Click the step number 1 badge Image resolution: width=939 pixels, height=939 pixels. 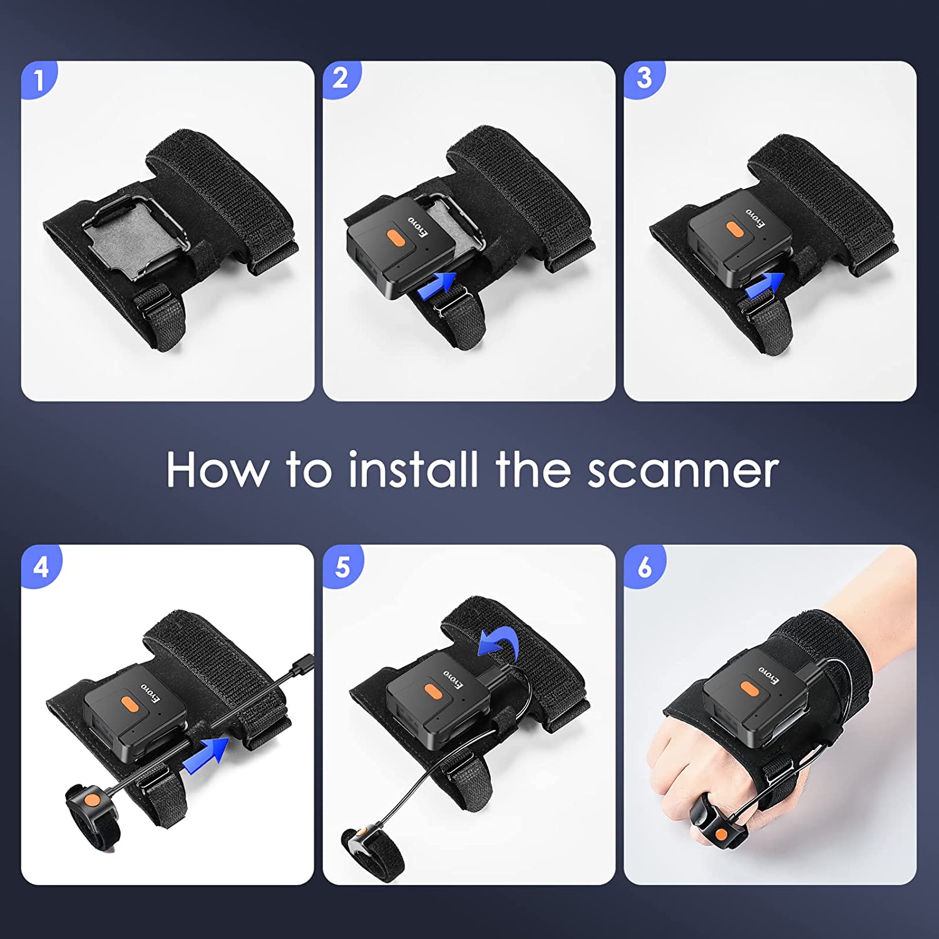[39, 80]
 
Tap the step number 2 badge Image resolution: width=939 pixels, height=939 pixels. [341, 79]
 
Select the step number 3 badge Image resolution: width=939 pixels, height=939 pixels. [644, 79]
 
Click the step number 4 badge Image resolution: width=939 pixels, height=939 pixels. [41, 567]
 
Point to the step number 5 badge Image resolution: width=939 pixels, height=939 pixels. [342, 567]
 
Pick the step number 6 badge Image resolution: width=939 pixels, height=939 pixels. [644, 567]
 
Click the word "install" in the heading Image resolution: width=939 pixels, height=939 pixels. [413, 469]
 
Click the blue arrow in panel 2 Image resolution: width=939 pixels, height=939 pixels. [437, 285]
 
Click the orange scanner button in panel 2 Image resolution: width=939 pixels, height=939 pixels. [394, 238]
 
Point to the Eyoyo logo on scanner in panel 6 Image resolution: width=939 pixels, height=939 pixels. [769, 674]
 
